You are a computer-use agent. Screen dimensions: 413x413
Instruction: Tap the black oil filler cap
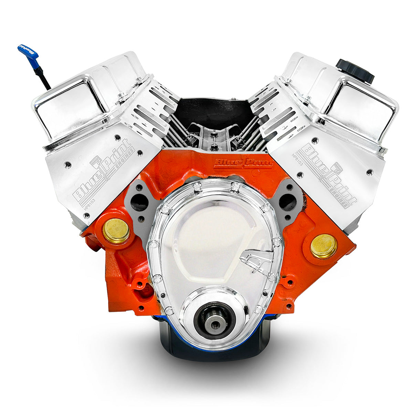[354, 71]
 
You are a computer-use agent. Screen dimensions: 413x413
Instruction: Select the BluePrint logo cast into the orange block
[243, 162]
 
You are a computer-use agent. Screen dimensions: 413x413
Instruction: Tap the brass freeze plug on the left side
[116, 231]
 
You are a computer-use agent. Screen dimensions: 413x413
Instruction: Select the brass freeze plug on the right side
[324, 246]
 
